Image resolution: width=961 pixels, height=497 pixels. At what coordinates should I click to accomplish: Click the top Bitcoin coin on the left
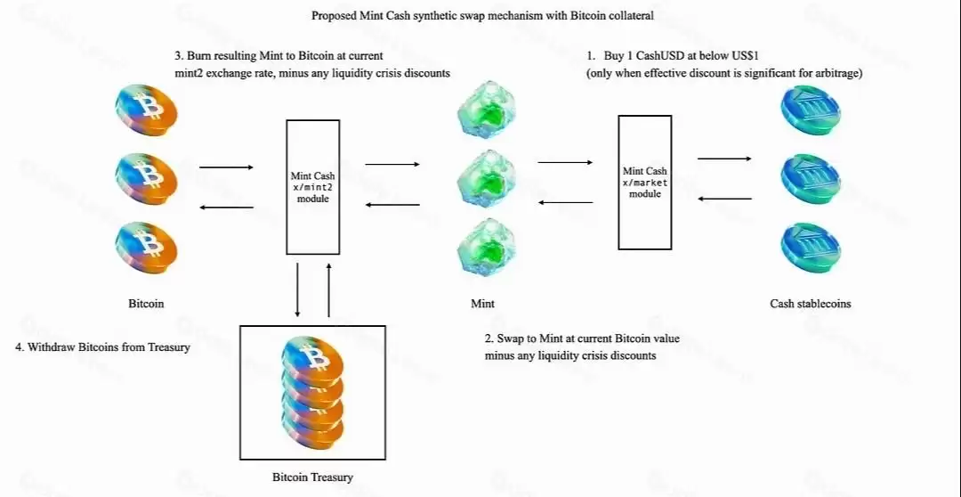[x=147, y=111]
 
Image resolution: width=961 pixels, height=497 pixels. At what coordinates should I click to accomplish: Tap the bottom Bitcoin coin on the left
[x=147, y=241]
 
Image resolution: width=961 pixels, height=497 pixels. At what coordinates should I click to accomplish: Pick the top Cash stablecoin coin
[x=809, y=110]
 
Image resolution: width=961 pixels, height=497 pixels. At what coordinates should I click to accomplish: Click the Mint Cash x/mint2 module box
[x=312, y=187]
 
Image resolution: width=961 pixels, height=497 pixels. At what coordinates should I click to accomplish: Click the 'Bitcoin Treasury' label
[x=312, y=477]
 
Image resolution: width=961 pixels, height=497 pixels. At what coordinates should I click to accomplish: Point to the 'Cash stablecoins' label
[x=810, y=304]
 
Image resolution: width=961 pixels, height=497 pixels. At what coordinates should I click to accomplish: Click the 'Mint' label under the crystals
[x=482, y=304]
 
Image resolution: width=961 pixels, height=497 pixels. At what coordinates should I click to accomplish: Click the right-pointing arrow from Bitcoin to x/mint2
[x=226, y=167]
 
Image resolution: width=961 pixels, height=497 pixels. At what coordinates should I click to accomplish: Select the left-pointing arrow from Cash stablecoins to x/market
[x=724, y=199]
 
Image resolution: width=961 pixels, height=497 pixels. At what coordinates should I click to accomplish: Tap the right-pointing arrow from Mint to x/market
[x=565, y=162]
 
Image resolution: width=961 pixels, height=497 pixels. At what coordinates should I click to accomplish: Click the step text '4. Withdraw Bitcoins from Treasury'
[x=103, y=347]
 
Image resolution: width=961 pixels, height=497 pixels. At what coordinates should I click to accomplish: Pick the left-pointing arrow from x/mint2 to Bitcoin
[x=226, y=208]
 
